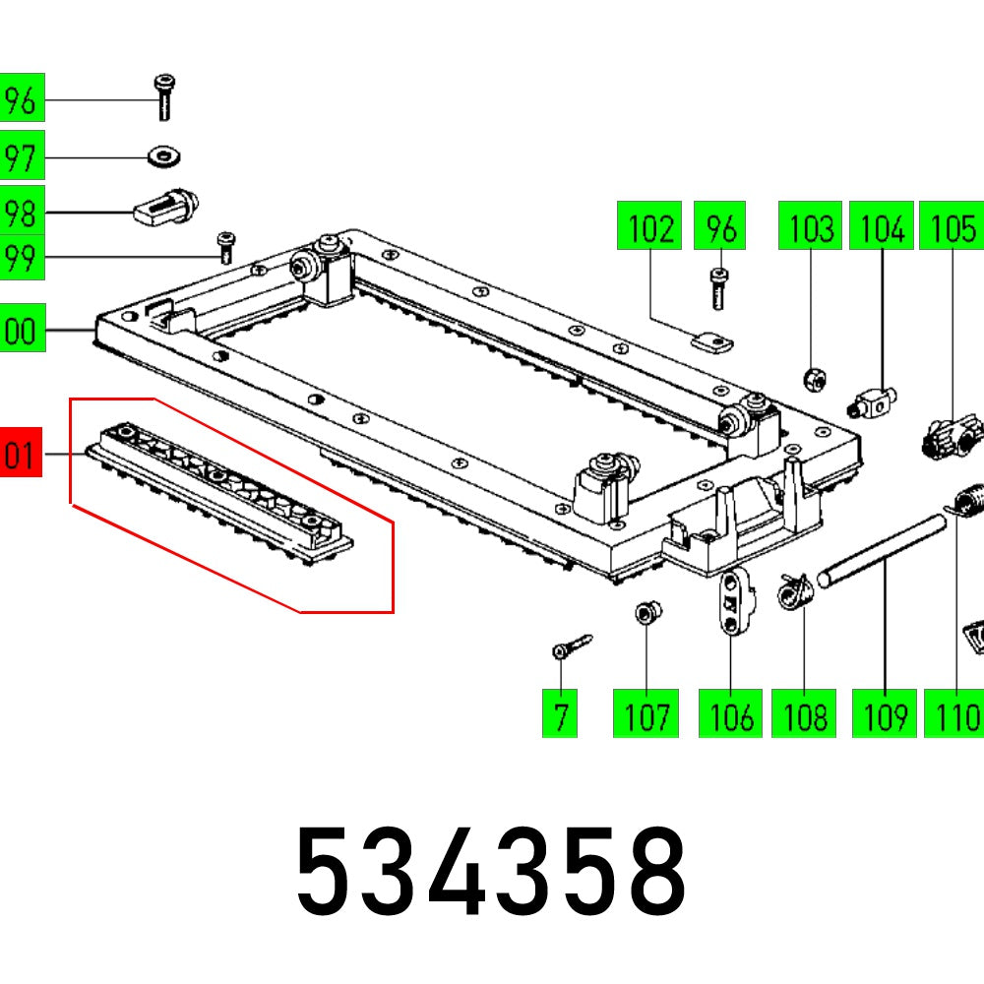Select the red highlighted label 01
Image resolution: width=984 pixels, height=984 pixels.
click(x=21, y=456)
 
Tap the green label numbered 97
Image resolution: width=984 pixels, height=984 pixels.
click(x=21, y=157)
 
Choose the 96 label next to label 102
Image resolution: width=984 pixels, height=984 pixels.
click(x=720, y=229)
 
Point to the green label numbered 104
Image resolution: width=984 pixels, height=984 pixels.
click(x=882, y=229)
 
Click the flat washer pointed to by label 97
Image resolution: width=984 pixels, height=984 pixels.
click(x=162, y=155)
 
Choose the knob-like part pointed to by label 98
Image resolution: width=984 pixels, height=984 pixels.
click(x=167, y=207)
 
